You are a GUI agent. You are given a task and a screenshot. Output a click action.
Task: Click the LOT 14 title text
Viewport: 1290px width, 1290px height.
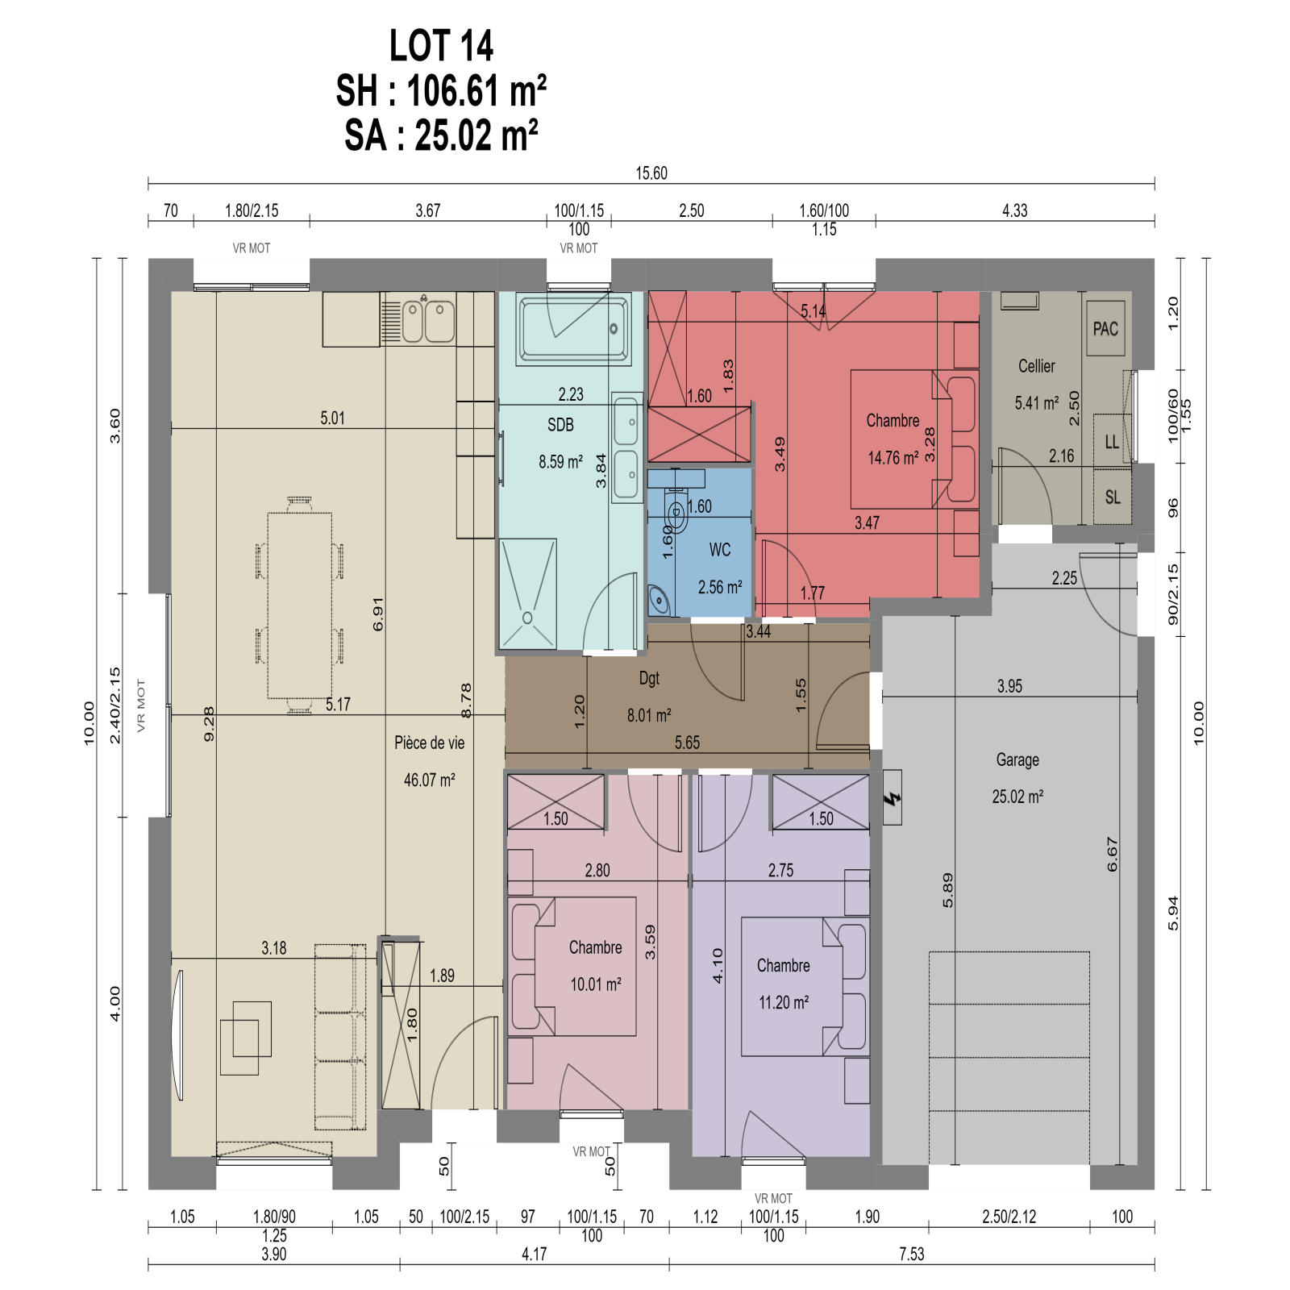(441, 45)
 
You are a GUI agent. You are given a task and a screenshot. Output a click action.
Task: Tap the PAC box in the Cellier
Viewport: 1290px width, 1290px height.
(1105, 328)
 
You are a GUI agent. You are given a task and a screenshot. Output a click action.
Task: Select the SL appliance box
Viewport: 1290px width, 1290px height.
(1113, 497)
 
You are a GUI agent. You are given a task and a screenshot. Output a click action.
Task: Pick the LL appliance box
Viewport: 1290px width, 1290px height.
(1112, 441)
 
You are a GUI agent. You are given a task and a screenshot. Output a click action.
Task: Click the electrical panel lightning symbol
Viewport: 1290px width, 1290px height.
(892, 798)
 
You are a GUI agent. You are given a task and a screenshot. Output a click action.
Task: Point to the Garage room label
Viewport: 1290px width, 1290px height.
(1017, 759)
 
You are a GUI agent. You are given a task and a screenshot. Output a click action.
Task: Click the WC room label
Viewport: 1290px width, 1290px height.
(720, 550)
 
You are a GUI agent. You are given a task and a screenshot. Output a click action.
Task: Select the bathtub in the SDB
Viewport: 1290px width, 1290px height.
(573, 328)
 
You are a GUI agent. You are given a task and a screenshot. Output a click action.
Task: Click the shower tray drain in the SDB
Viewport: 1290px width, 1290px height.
(527, 618)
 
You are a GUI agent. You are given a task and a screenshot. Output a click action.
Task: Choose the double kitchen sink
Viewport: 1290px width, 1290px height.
(428, 320)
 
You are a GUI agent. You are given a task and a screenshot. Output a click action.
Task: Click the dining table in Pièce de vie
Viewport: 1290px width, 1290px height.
(300, 605)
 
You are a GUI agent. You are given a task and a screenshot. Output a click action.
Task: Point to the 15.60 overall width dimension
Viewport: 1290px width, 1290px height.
(651, 173)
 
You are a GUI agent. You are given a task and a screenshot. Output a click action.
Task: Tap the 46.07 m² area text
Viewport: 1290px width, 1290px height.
(430, 780)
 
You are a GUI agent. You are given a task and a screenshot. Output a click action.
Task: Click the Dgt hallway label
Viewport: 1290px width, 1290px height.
(649, 678)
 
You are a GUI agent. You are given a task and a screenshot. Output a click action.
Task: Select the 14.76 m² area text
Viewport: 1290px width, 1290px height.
(893, 458)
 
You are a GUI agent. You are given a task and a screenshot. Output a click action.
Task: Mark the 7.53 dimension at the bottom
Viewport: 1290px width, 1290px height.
(912, 1254)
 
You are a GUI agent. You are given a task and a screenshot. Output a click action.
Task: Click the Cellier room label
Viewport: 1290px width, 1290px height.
(1037, 366)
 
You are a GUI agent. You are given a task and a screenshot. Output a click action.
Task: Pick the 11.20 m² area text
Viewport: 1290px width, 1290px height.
(784, 1002)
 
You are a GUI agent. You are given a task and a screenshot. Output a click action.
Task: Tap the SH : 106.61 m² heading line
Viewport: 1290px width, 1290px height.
(441, 90)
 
